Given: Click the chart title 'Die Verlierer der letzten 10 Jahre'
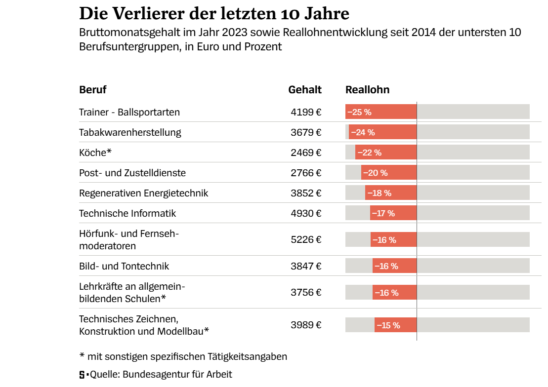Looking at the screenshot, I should [214, 13].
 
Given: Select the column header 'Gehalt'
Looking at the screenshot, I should [305, 90].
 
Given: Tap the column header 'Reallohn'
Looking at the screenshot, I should [367, 90].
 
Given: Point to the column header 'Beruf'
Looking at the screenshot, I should [93, 90].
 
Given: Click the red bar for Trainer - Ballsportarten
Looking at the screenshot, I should [381, 112].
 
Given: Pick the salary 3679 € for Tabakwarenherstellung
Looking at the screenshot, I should [306, 132].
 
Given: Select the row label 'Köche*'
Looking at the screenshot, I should [95, 153].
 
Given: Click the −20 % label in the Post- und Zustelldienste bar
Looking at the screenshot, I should [376, 173].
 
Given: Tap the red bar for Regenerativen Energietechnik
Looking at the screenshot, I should [391, 193].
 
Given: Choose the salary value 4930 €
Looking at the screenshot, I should [306, 213].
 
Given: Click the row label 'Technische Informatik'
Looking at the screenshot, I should [127, 213].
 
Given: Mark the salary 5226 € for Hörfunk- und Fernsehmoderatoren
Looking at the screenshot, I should [306, 239].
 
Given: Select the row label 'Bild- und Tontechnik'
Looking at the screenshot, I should [124, 266].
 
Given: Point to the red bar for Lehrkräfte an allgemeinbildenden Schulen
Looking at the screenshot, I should [394, 292].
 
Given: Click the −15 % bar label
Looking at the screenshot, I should [388, 325].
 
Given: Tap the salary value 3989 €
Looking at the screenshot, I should [306, 325].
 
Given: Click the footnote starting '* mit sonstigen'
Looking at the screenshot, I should [183, 356].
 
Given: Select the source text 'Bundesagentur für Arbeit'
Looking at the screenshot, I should [177, 374].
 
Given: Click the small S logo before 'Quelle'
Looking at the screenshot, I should [82, 375].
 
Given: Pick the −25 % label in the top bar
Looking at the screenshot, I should [359, 112].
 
